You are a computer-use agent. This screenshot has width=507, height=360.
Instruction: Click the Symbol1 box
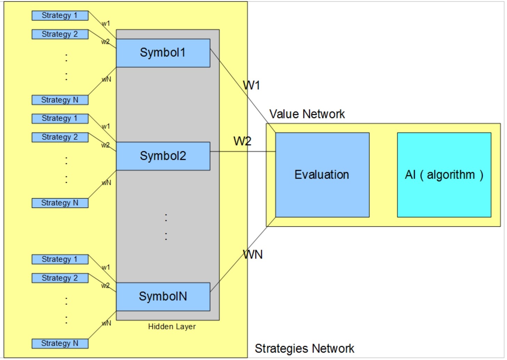coord(163,53)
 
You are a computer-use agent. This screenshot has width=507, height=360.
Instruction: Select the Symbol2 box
coord(163,156)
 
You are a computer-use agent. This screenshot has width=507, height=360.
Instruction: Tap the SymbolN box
coord(163,297)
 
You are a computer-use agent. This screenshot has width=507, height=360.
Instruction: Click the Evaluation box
coord(322,175)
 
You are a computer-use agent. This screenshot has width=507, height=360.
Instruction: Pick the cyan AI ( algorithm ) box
coord(444,175)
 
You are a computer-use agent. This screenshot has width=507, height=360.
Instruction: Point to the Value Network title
coord(307,114)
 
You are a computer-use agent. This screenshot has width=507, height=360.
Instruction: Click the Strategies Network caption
coord(304,349)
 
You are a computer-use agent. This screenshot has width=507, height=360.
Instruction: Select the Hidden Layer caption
coord(172,327)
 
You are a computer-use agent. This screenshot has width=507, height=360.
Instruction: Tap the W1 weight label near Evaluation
coord(251,85)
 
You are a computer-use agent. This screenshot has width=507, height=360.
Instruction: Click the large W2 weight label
coord(242,141)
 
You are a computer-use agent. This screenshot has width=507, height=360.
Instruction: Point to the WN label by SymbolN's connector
coord(253,255)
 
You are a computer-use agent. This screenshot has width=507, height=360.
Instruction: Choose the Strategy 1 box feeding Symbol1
coord(60,16)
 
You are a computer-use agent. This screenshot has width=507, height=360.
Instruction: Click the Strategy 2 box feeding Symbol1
coord(60,34)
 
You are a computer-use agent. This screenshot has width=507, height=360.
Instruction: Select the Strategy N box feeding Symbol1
coord(60,100)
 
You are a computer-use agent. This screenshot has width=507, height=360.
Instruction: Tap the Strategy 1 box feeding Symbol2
coord(60,118)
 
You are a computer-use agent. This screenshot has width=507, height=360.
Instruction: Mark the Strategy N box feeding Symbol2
coord(60,203)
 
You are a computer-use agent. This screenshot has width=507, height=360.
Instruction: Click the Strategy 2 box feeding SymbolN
coord(60,278)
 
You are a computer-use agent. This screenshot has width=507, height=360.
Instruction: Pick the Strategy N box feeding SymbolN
coord(60,343)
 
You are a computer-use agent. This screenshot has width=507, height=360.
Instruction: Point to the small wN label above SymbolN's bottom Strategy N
coord(106,323)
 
